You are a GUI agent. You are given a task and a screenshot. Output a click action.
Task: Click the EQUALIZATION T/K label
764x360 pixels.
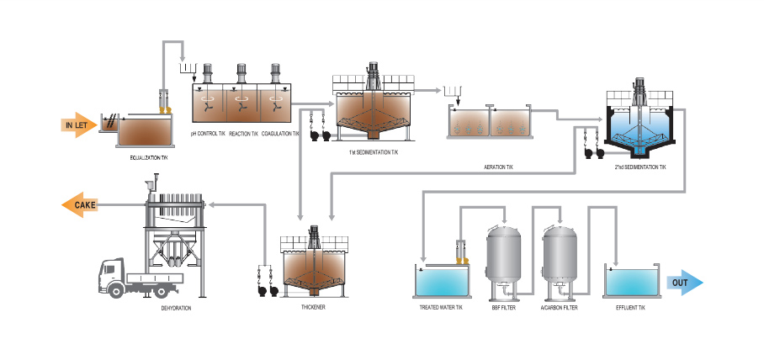[x=148, y=156]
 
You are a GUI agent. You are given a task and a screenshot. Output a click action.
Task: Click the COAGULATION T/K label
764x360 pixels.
[x=281, y=133]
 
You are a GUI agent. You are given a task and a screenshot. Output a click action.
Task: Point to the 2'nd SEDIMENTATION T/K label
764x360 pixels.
[x=639, y=167]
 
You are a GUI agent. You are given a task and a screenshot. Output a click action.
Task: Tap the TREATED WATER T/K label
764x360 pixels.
[x=441, y=309]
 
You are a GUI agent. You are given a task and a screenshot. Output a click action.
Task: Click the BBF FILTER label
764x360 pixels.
[x=504, y=309]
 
